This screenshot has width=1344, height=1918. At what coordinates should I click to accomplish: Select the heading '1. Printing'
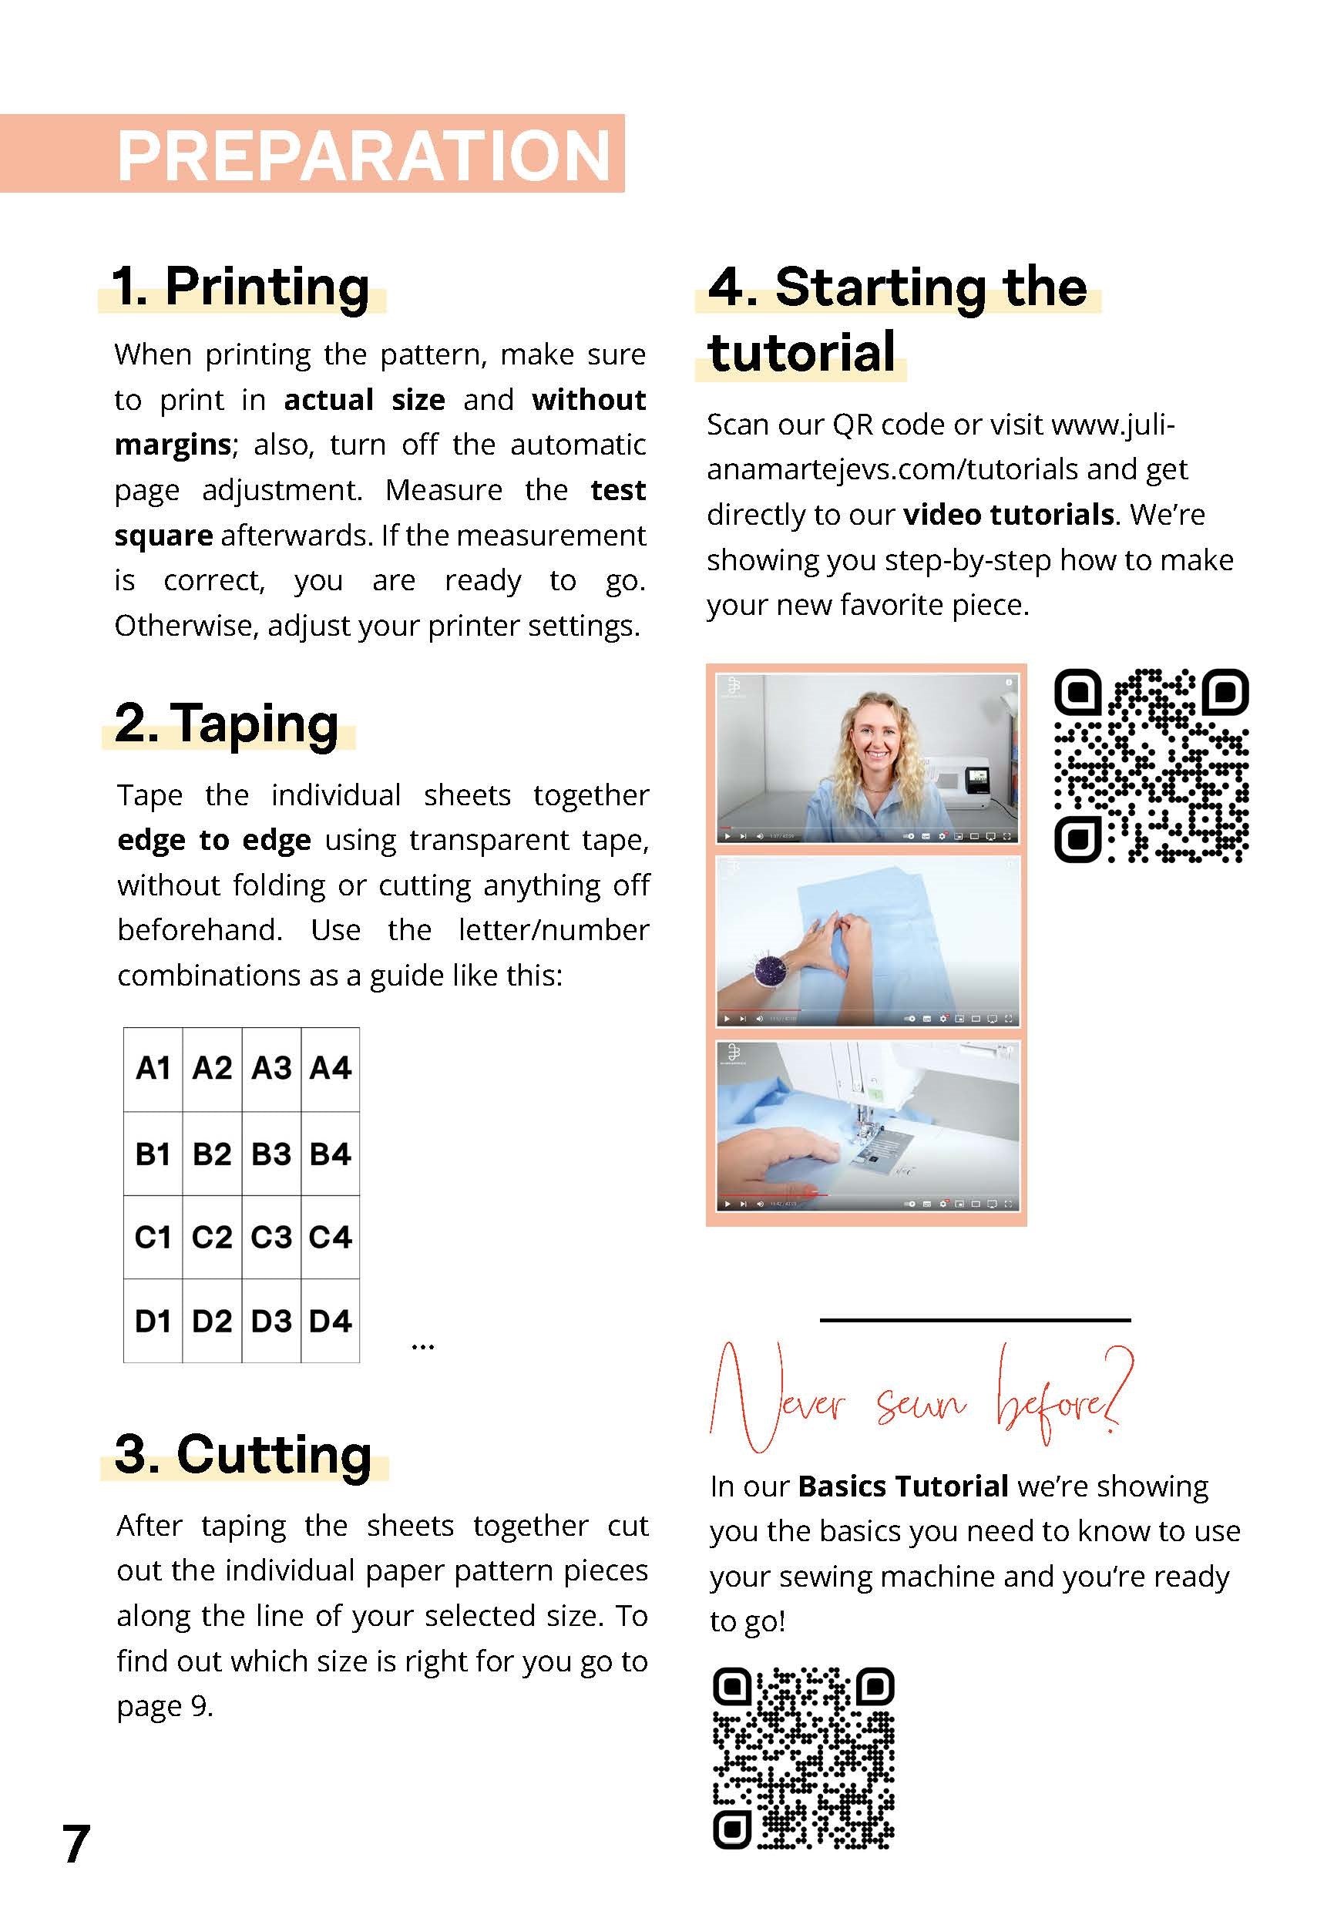[x=240, y=287]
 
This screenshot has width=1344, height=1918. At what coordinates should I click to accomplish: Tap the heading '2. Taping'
[x=227, y=724]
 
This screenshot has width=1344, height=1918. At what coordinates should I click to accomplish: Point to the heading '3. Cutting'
[x=243, y=1454]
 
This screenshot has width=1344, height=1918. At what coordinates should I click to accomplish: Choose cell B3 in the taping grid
[x=271, y=1154]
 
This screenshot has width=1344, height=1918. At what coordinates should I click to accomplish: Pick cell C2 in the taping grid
[x=212, y=1237]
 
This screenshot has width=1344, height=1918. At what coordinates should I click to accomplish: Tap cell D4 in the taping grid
[x=331, y=1322]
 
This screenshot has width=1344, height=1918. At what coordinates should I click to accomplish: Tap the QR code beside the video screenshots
[x=1151, y=765]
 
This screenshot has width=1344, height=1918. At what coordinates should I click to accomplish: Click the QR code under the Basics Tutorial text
[x=804, y=1758]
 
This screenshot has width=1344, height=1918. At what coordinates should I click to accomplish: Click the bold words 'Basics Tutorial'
[x=903, y=1487]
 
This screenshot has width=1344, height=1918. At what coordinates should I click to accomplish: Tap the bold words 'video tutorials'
[x=1008, y=515]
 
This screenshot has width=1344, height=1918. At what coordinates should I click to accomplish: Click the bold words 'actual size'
[x=365, y=400]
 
